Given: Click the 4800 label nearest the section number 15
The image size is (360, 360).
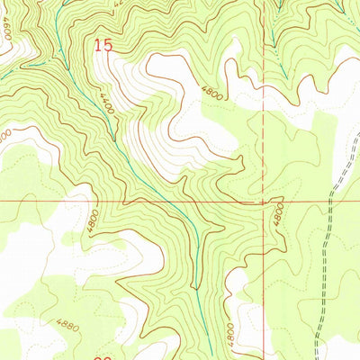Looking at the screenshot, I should point(211,91).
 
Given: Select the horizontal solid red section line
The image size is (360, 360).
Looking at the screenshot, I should point(135,201).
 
